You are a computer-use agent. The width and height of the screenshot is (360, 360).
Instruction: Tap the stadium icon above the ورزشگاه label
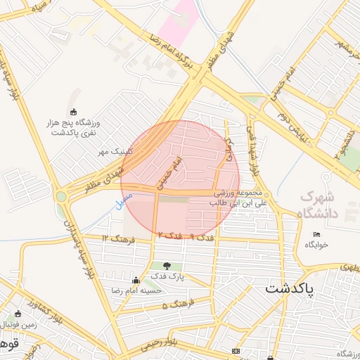75,112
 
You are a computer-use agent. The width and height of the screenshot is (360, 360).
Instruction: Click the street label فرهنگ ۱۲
114,238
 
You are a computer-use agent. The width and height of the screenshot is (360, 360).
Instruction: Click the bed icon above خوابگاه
316,234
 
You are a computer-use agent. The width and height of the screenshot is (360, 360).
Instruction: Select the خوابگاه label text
316,245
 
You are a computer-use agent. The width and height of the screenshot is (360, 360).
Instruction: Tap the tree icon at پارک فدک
167,266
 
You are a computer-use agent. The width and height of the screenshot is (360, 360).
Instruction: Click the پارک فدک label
167,277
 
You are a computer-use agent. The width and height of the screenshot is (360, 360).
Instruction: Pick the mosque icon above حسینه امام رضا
136,280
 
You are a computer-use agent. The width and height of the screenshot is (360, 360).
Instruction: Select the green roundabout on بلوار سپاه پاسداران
61,197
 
